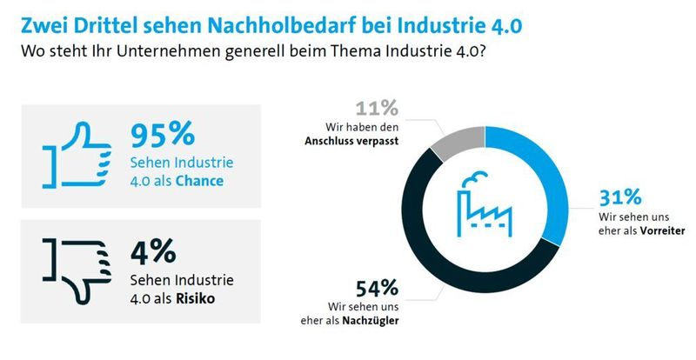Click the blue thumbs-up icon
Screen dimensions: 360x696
coord(77,157)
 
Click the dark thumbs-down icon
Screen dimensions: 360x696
coord(77,267)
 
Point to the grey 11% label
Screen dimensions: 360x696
coord(378,109)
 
